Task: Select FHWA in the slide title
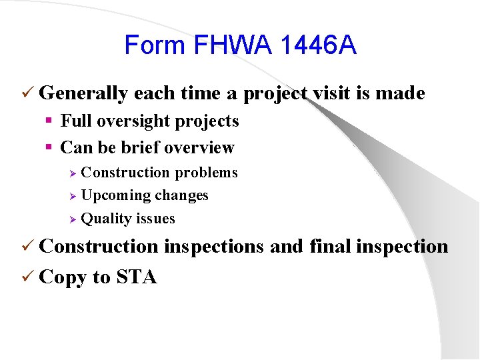click(x=230, y=45)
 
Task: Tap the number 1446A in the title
click(x=319, y=45)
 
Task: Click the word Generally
click(x=83, y=94)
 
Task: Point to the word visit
click(x=331, y=93)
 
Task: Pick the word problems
click(x=206, y=173)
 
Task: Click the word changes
click(x=182, y=195)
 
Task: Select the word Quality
click(x=105, y=219)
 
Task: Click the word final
click(x=331, y=246)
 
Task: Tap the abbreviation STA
click(x=137, y=277)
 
